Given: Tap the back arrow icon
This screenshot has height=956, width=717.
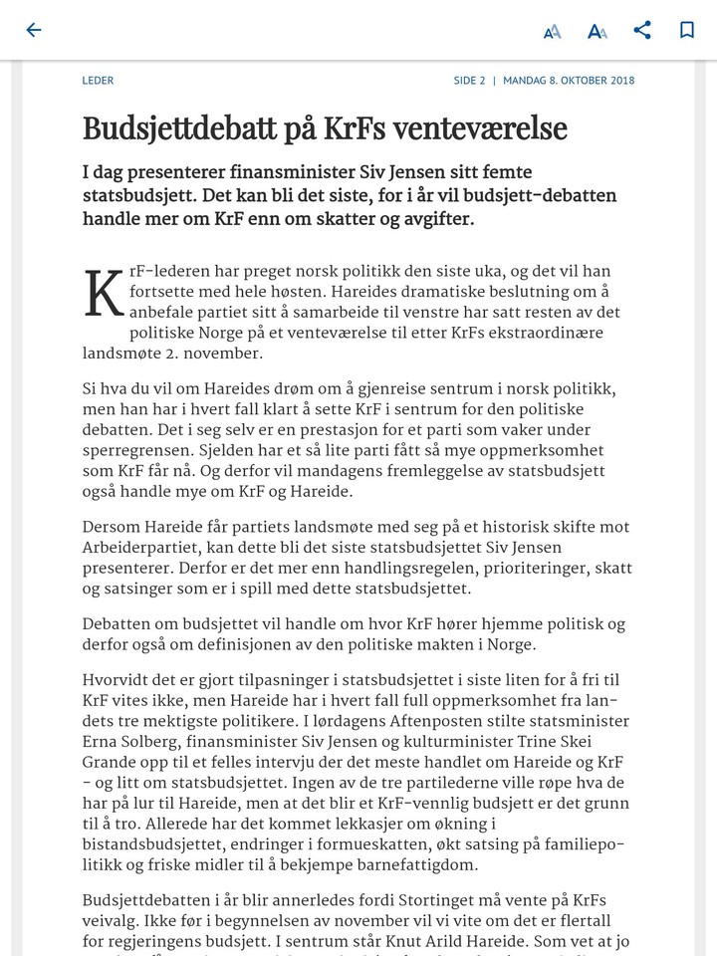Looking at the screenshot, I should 34,30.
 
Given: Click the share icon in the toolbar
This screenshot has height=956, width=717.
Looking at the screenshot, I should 642,30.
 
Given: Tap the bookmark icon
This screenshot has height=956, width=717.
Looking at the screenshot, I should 687,30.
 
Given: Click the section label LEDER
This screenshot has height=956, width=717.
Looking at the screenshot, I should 98,81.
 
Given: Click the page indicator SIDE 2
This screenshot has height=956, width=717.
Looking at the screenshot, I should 469,81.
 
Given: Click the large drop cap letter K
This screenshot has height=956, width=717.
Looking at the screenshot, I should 104,295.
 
